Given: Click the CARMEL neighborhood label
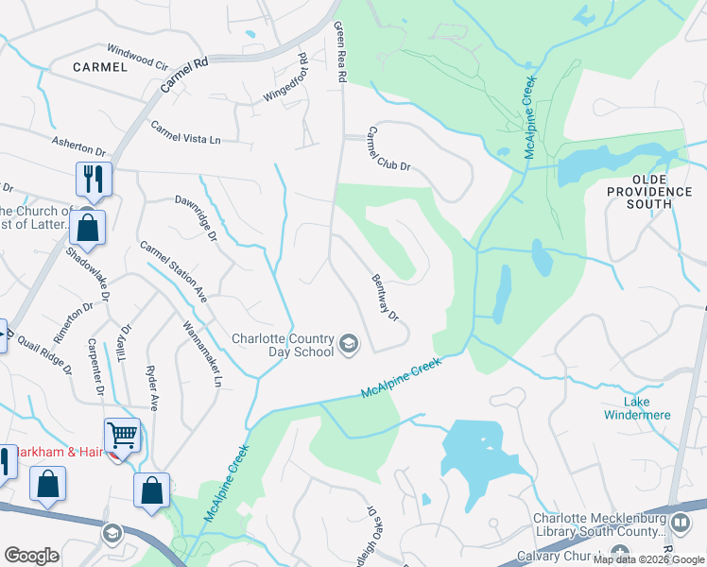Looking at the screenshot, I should click(x=99, y=67).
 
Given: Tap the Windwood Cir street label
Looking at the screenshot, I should click(x=136, y=57).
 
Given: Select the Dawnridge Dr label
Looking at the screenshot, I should click(x=197, y=216).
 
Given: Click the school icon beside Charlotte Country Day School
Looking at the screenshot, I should click(x=349, y=344).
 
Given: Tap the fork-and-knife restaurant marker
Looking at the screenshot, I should click(x=94, y=179).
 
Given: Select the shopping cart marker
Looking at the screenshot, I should click(x=122, y=436).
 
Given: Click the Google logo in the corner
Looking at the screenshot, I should click(x=31, y=556).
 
